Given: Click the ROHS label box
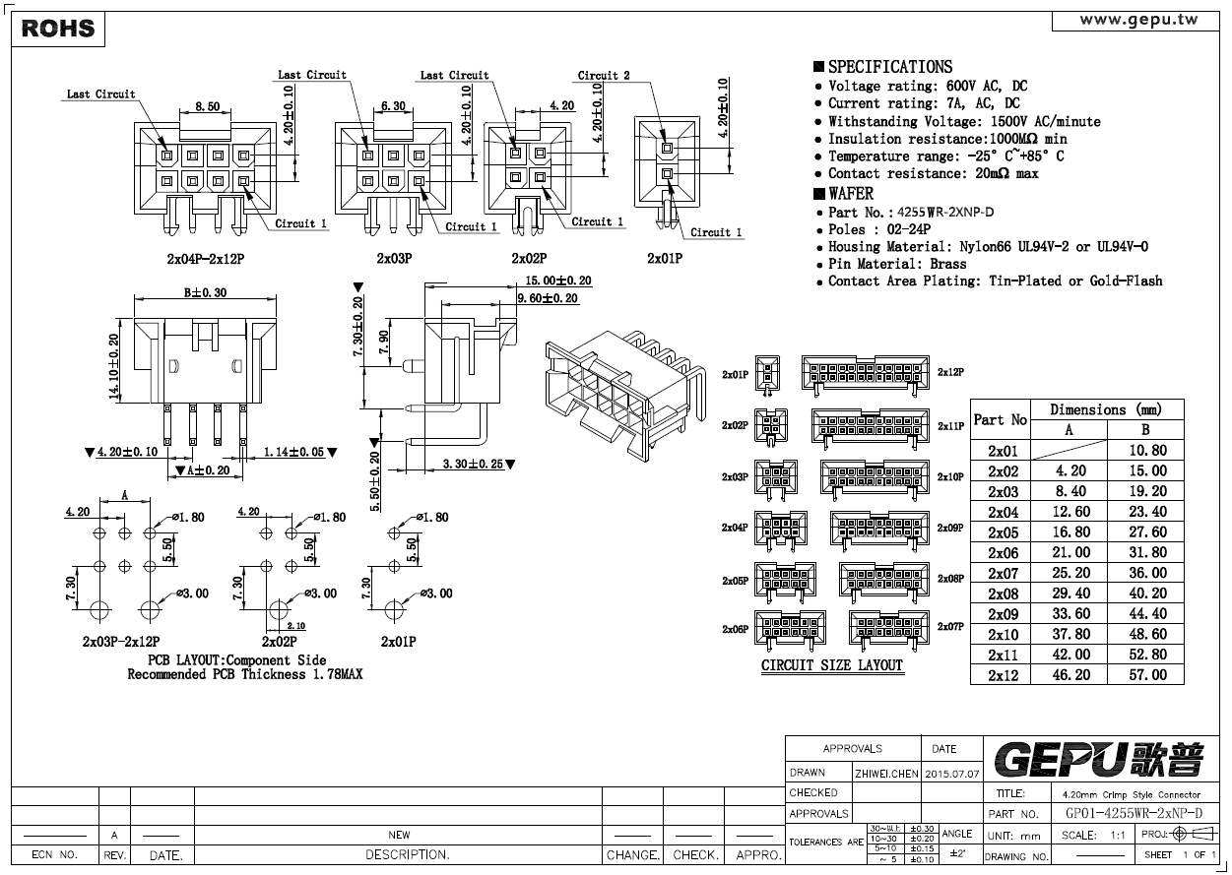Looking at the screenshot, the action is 58,29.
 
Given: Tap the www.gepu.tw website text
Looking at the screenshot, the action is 1138,20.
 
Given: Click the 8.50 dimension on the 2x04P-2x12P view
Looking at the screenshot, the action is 208,106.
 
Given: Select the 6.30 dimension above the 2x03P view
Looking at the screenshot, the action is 393,105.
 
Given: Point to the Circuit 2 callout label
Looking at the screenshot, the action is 604,76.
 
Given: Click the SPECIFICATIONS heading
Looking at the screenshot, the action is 890,67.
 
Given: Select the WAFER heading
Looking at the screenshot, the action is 851,194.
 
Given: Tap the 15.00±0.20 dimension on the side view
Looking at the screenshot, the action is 558,281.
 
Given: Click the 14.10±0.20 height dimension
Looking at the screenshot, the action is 114,366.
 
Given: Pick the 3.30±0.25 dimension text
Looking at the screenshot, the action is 473,464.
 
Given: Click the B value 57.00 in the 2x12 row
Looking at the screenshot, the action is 1148,674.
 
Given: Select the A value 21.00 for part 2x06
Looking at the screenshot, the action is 1070,552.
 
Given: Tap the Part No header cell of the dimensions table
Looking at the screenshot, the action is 1000,420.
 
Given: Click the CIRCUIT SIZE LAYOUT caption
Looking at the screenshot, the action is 831,665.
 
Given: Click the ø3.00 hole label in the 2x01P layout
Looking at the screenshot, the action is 436,594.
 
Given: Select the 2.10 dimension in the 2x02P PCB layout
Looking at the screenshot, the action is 295,626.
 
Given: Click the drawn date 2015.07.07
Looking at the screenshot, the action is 952,774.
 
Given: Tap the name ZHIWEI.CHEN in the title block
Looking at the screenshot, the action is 886,774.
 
